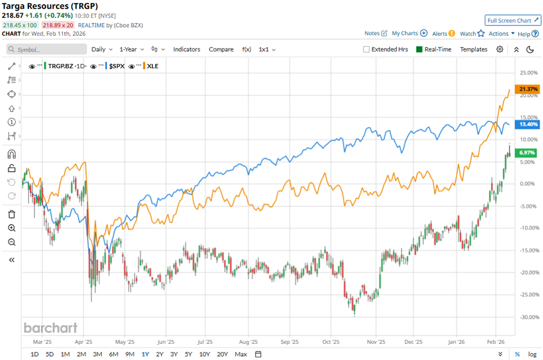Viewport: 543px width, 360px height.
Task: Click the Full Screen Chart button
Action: click(513, 20)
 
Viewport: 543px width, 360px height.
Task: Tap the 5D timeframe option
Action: click(50, 354)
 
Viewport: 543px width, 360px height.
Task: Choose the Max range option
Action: click(241, 354)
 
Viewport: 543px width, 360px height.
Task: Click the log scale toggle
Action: click(533, 354)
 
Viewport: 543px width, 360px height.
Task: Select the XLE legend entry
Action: click(153, 66)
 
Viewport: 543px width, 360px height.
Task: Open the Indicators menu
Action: click(187, 50)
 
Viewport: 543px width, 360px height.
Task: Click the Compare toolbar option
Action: click(221, 50)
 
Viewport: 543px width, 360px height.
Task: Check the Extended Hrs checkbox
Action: click(366, 50)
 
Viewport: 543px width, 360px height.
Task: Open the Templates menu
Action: click(474, 50)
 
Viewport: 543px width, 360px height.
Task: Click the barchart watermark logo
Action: click(50, 328)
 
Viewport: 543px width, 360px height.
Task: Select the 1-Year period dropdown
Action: click(132, 50)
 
